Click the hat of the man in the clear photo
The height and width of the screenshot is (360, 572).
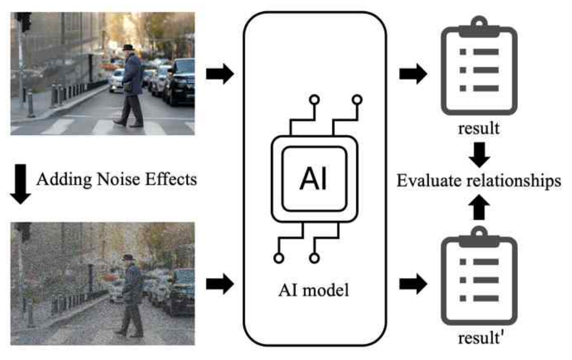click(x=129, y=48)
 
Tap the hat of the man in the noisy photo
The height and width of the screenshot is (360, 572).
click(x=127, y=257)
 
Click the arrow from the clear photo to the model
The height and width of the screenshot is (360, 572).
click(x=220, y=74)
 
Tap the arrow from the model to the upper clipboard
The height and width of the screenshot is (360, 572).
click(x=414, y=74)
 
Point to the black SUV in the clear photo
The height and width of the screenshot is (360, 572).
click(x=182, y=81)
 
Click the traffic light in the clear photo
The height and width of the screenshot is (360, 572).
click(x=23, y=21)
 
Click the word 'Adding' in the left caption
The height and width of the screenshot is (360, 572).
click(x=61, y=180)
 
